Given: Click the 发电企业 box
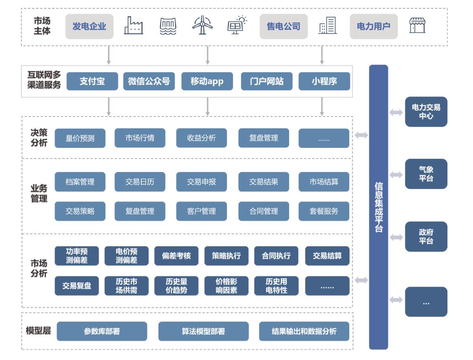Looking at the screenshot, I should point(89,26).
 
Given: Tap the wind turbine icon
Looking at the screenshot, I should point(203,25).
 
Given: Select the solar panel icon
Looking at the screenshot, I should point(237,25).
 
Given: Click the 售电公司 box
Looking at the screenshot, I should point(283,26).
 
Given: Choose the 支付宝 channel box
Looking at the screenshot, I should point(92,81).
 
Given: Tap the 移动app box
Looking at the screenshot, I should point(207,81).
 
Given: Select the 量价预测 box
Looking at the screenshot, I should point(80,138).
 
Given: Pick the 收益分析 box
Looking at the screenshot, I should point(201,138).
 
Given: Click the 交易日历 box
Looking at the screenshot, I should point(140,182).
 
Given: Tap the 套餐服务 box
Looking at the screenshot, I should point(324,211).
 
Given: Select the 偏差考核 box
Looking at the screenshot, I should point(176,256).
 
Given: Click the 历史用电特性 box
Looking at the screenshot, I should point(276,286).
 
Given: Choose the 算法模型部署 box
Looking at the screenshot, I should point(203,331).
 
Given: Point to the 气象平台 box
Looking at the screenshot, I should point(426,174).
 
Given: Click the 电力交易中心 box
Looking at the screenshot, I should point(426,112).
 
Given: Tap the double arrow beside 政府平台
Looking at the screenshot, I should point(396,237).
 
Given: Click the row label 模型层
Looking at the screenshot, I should point(38,331).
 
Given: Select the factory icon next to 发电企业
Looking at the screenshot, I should point(133,25).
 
